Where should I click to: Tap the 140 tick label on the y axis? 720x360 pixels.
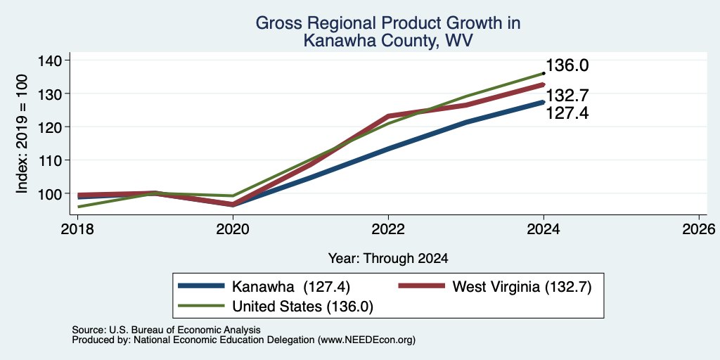pos(52,60)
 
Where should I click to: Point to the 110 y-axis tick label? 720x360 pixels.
pos(52,160)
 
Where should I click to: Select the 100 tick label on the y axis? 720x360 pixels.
pos(52,193)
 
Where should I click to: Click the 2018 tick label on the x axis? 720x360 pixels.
pos(77,229)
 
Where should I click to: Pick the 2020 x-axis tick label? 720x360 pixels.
pos(233,229)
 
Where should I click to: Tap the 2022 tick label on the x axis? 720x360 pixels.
pos(388,229)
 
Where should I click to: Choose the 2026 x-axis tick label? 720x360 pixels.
pos(699,229)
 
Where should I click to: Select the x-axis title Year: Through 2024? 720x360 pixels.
pos(388,259)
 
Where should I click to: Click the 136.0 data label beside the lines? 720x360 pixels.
pos(567,65)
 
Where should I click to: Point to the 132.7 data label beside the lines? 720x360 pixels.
pos(567,96)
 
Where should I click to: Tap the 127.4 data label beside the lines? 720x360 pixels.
pos(567,113)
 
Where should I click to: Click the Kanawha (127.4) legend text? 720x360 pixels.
pos(291,287)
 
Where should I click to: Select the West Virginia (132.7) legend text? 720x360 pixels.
pos(522,287)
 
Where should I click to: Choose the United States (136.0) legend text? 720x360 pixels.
pos(302,306)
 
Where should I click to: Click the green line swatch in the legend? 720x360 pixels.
pos(202,306)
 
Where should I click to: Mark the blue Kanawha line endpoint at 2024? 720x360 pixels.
pos(544,102)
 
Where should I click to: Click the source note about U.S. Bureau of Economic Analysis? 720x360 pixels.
pos(166,330)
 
